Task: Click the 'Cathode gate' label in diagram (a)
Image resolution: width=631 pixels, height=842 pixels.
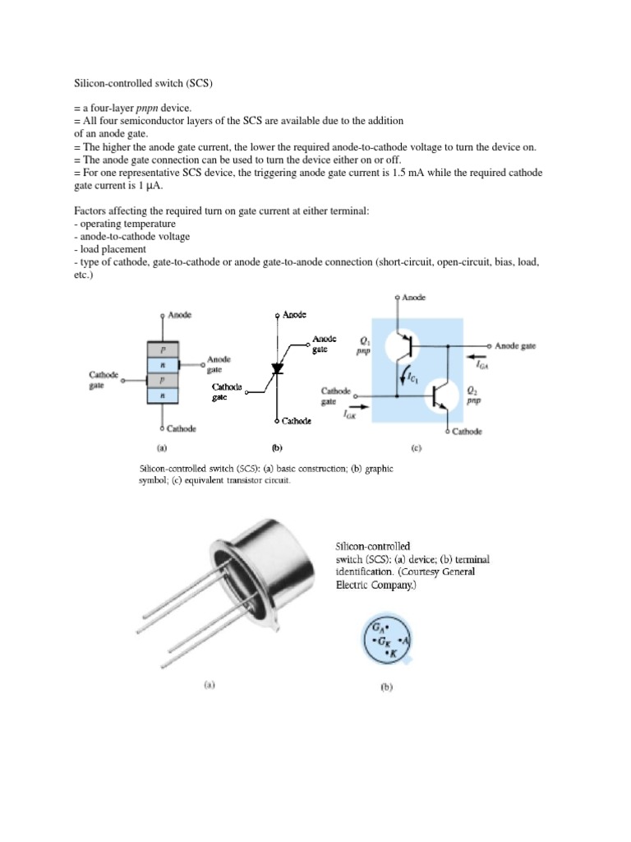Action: (104, 380)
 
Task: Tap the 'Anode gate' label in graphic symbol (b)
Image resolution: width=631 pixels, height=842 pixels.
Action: (325, 344)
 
